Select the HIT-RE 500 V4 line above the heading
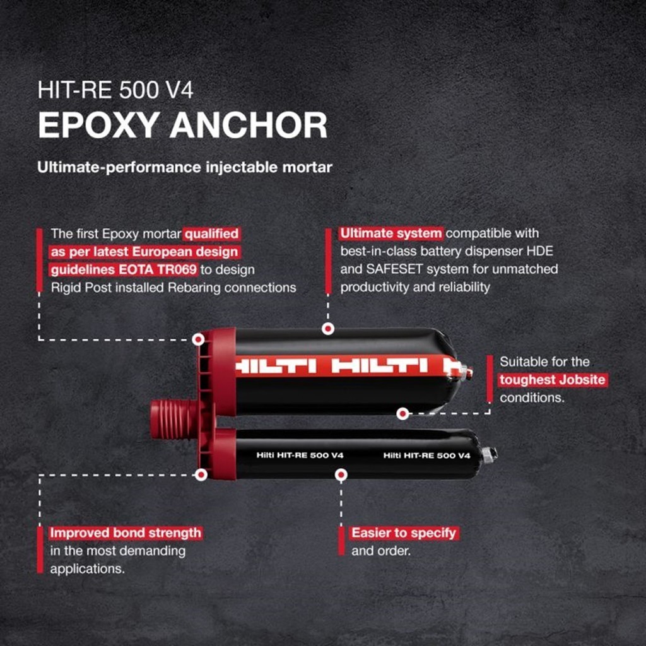(x=115, y=90)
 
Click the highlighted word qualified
(x=212, y=234)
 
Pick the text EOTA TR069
(x=162, y=269)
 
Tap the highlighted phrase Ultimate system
(x=391, y=233)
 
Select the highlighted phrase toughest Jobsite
(x=553, y=380)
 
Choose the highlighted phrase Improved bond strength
(x=126, y=533)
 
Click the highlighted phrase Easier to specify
(x=404, y=533)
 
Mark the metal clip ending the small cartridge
(x=490, y=454)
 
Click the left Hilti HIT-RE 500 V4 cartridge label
(x=300, y=455)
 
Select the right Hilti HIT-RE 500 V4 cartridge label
(x=427, y=455)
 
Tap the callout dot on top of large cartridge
(x=327, y=329)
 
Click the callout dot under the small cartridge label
(x=341, y=474)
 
